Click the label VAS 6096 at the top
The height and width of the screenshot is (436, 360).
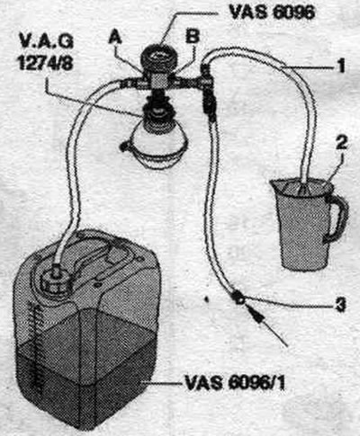pyautogui.click(x=272, y=13)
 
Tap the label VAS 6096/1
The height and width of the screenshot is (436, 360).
pyautogui.click(x=235, y=383)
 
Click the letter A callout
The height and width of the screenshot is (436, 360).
pyautogui.click(x=115, y=38)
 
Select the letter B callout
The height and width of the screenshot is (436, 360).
pyautogui.click(x=193, y=37)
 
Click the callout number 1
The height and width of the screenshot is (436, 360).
pyautogui.click(x=340, y=66)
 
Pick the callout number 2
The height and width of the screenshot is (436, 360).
pyautogui.click(x=341, y=143)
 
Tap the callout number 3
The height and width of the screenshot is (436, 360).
pyautogui.click(x=340, y=306)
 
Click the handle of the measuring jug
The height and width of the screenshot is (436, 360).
pyautogui.click(x=338, y=218)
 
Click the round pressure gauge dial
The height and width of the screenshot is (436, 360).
pyautogui.click(x=159, y=57)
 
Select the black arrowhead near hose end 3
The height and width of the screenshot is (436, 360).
pyautogui.click(x=256, y=315)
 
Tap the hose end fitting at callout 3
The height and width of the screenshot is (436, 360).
pyautogui.click(x=239, y=297)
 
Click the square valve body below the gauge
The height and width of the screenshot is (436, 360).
pyautogui.click(x=159, y=81)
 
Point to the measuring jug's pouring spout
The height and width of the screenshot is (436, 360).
pyautogui.click(x=275, y=183)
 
